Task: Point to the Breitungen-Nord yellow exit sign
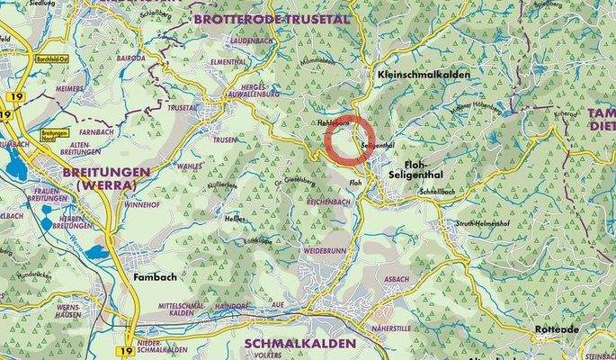point(55,133)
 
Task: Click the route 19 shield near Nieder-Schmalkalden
point(127,345)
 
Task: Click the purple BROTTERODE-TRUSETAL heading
point(257,18)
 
